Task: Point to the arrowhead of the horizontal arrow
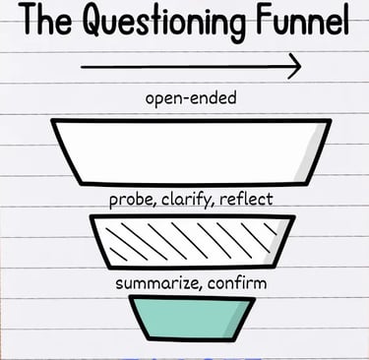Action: tap(293, 67)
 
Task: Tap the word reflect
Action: tap(247, 201)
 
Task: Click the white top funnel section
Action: tap(182, 151)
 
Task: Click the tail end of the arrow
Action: tap(84, 67)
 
